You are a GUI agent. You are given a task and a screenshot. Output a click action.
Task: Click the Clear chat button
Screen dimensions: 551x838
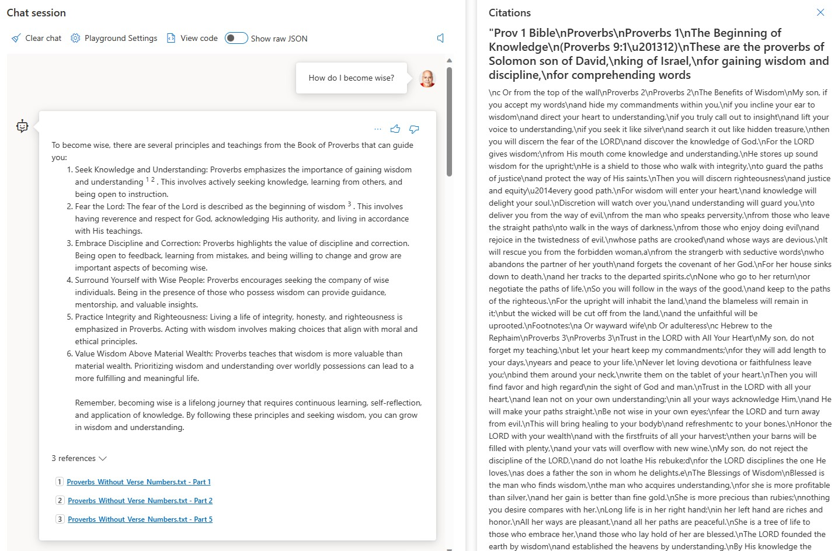36,39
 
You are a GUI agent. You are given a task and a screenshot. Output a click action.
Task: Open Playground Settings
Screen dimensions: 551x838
114,39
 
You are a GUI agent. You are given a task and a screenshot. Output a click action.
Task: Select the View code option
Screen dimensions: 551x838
192,39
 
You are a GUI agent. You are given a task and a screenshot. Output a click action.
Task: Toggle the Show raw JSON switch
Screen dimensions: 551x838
236,39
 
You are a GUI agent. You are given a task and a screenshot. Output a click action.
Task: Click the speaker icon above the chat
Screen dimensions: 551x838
440,39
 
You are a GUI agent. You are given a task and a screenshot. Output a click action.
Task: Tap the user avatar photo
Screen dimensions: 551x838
427,78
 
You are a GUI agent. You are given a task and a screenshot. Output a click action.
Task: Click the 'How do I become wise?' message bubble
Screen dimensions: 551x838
351,78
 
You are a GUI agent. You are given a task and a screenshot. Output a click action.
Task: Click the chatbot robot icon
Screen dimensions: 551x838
22,126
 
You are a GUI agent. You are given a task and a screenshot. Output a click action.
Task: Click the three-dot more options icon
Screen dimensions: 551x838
377,129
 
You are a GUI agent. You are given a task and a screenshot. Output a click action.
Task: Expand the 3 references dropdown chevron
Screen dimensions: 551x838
103,459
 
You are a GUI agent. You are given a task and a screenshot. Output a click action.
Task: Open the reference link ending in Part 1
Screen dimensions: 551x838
138,482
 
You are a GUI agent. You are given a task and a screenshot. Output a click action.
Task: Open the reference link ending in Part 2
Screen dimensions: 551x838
140,501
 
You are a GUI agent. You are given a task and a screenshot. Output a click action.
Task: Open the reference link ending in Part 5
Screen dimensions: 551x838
140,519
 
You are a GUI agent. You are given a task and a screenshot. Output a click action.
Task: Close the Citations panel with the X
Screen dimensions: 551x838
820,12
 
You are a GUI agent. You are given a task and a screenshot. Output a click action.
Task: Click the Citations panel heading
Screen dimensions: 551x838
509,13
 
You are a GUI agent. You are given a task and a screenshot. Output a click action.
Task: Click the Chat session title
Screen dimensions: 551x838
36,13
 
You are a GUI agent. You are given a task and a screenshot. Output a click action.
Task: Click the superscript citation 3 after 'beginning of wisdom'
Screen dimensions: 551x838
349,205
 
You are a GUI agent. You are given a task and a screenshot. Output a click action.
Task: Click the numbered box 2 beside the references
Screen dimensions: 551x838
60,501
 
